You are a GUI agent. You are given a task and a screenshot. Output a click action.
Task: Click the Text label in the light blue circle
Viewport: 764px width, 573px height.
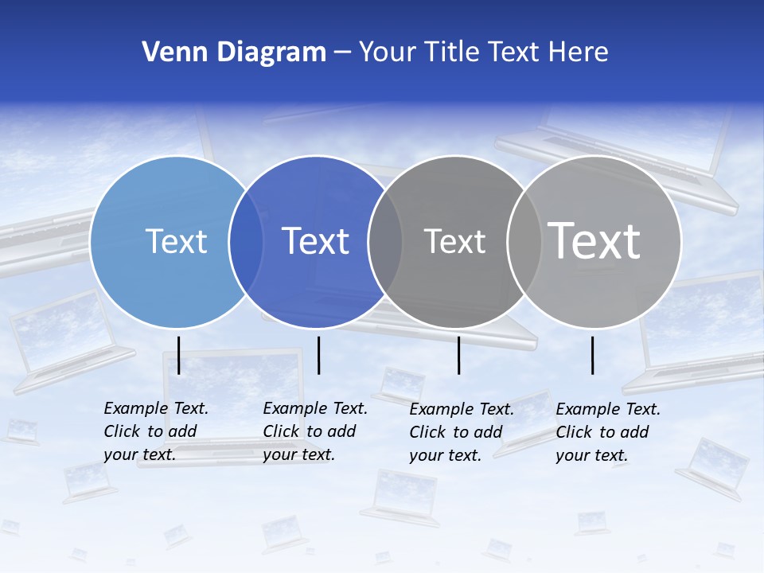pos(176,241)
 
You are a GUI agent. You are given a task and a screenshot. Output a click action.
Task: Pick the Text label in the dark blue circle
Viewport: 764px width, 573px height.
pos(315,241)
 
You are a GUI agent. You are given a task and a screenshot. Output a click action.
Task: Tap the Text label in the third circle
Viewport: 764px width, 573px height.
pos(454,241)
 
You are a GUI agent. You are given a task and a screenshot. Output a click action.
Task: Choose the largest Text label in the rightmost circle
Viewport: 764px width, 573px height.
pos(594,240)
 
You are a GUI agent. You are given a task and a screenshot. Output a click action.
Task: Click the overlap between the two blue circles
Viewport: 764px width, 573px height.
pos(246,242)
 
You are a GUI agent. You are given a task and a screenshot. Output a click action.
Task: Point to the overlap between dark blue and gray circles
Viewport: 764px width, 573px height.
pos(385,242)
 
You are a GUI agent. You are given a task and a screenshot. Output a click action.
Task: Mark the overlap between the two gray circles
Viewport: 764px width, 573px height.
pos(524,242)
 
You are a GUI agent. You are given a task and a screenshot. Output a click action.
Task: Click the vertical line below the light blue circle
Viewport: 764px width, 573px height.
pos(179,355)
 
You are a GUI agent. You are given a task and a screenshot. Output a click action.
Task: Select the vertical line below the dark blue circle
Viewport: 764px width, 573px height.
pos(318,355)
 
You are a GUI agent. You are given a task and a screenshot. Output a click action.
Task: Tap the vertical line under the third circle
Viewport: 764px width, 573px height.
pos(458,355)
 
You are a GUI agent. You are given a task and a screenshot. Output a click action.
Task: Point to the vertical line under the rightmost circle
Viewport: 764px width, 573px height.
pos(592,355)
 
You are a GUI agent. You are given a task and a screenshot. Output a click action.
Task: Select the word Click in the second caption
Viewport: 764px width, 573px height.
pos(281,431)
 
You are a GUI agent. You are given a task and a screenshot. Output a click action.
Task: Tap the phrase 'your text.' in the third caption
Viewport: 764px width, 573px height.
pos(446,455)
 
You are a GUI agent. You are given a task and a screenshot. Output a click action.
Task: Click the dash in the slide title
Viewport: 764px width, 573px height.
pos(342,53)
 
